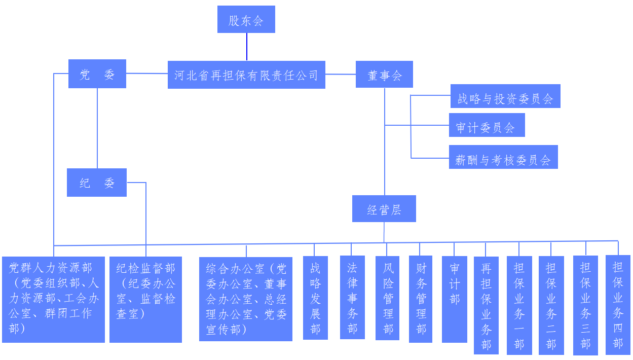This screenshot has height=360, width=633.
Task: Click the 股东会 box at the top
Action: (x=246, y=20)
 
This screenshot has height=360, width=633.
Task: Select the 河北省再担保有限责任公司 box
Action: (x=246, y=75)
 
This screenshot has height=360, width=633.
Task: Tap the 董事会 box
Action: (x=384, y=75)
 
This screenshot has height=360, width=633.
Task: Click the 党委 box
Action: (x=97, y=74)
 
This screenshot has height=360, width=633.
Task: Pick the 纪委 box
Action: (x=97, y=183)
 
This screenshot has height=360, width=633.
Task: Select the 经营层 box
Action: (x=384, y=209)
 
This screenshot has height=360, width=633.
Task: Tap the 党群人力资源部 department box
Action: (x=53, y=299)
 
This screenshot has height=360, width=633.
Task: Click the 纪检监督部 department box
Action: (x=145, y=299)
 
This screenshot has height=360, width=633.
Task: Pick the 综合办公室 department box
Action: (x=246, y=299)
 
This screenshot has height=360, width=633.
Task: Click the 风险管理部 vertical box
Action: (x=387, y=298)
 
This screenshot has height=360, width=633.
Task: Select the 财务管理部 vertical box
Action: (x=421, y=299)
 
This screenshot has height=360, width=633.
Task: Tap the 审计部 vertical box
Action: (x=454, y=299)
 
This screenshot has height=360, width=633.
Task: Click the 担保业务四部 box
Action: (x=618, y=305)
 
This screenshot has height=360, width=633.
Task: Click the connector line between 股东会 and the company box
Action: (x=247, y=47)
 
